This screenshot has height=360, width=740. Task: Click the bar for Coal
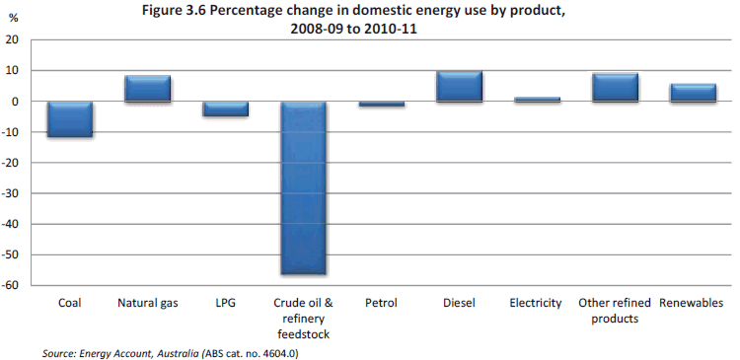[x=69, y=119]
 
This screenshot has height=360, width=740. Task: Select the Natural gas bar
[x=147, y=89]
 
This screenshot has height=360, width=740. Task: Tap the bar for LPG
[x=225, y=108]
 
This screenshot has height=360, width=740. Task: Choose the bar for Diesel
[x=459, y=87]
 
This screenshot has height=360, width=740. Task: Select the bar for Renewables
[x=692, y=93]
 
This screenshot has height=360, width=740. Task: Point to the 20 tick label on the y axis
[x=14, y=40]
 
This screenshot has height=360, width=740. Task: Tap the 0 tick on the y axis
[x=17, y=102]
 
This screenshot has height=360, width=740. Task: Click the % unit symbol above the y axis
[x=13, y=19]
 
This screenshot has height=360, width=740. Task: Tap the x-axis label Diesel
[x=459, y=304]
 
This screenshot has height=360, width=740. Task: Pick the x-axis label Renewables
[x=692, y=304]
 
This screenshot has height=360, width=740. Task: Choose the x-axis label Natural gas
[x=147, y=304]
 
